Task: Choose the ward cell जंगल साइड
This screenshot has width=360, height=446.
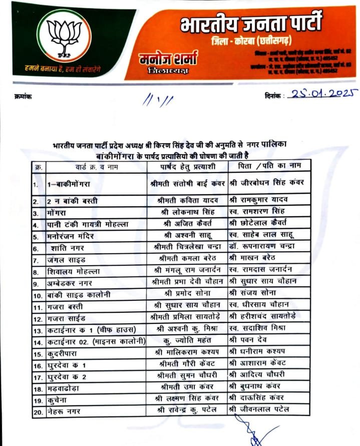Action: tap(63, 259)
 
